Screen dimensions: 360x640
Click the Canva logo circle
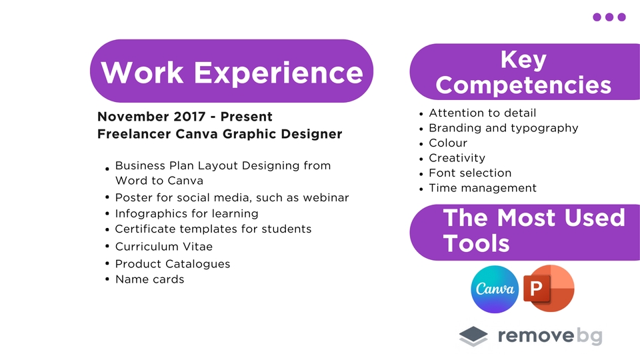495,289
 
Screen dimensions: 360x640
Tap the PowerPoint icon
549,288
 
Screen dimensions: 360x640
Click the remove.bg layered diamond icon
473,336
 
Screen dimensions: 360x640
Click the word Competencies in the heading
523,85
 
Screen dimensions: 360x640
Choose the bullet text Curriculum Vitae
164,247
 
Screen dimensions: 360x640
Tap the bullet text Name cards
149,279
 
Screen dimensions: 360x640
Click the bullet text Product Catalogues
173,264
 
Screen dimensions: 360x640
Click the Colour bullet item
448,143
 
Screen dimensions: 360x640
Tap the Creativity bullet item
457,158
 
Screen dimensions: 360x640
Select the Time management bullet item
483,188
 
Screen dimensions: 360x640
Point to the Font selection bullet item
470,173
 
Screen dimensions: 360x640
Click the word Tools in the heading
477,243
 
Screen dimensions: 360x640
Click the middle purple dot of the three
609,17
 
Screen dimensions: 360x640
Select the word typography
545,128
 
